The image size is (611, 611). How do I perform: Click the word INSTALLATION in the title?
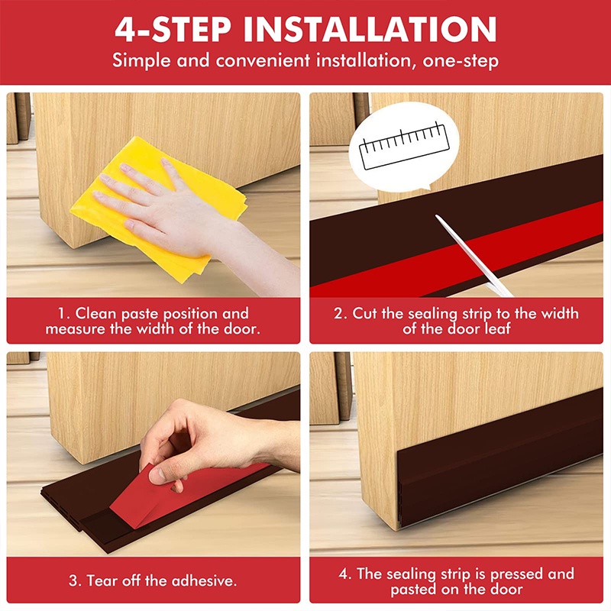[370, 29]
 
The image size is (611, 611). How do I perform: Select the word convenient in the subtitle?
[263, 61]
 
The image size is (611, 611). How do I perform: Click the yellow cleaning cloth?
[159, 208]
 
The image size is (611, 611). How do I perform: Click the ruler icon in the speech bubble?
[404, 146]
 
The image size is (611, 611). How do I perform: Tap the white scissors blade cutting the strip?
[473, 255]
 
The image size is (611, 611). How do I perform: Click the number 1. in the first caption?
[64, 314]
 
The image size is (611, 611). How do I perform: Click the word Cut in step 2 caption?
[365, 313]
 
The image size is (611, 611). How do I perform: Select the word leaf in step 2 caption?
[497, 328]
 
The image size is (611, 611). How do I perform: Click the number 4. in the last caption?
[345, 574]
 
